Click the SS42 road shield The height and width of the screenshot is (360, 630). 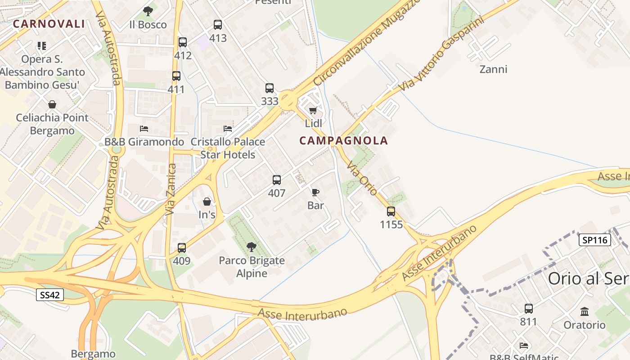point(50,295)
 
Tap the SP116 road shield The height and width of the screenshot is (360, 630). point(595,240)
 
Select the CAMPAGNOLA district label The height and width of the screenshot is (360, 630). point(343,141)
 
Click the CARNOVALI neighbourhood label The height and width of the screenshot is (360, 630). point(49,24)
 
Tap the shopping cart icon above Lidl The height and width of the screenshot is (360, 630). point(313,111)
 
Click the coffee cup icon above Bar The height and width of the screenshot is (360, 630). point(315,193)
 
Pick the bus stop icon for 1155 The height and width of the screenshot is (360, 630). point(391,211)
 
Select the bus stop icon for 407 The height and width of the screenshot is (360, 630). point(277,180)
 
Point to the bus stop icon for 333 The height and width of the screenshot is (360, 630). point(270,88)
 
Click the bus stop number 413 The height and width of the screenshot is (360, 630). point(218,38)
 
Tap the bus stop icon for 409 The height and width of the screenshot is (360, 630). point(182,248)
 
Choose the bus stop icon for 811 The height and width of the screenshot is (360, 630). point(529,309)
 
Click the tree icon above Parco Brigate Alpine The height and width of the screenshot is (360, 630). point(252,247)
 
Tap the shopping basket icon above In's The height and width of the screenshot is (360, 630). point(207,202)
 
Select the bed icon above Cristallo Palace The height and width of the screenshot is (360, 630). point(228,129)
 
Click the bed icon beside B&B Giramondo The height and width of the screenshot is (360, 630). point(144,129)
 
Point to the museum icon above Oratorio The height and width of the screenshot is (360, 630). point(585,311)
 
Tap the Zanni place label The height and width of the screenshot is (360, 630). point(493,69)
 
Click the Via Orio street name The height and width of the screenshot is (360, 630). point(361,178)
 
